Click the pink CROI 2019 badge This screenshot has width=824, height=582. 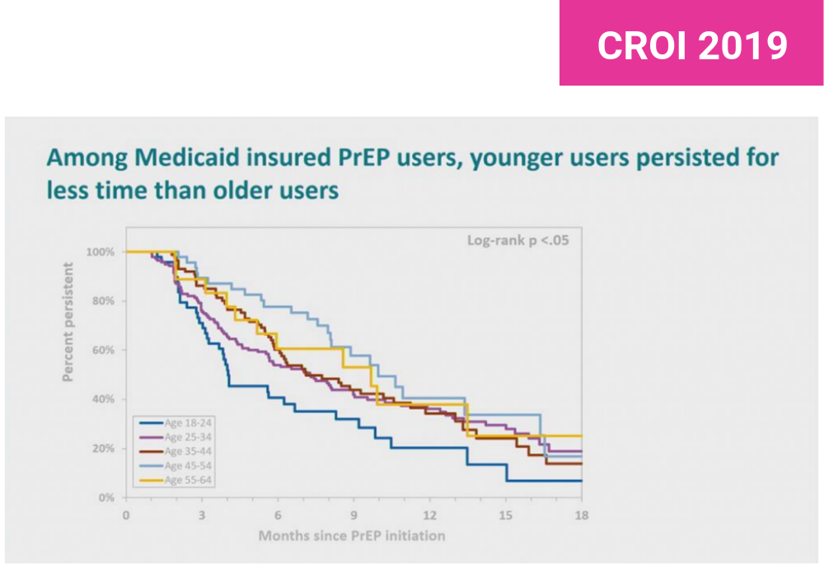pos(691,44)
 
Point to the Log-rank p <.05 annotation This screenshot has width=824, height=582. pos(517,241)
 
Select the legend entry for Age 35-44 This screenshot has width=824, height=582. pos(189,452)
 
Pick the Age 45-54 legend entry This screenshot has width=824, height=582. pos(189,466)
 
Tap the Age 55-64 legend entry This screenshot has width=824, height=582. pos(189,480)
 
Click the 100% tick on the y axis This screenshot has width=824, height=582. pos(101,251)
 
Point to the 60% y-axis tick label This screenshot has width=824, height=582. pos(104,350)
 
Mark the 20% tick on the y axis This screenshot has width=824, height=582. pos(104,449)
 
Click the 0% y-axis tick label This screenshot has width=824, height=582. pos(106,498)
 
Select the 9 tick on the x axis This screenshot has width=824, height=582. pos(353,515)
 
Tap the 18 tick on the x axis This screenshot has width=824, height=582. pos(581,515)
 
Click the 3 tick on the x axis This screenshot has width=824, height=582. pos(202,515)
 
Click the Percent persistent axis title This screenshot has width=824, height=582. pos(70,322)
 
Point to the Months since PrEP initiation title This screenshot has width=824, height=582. pos(352,536)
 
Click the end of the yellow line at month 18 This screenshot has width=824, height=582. pos(580,435)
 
